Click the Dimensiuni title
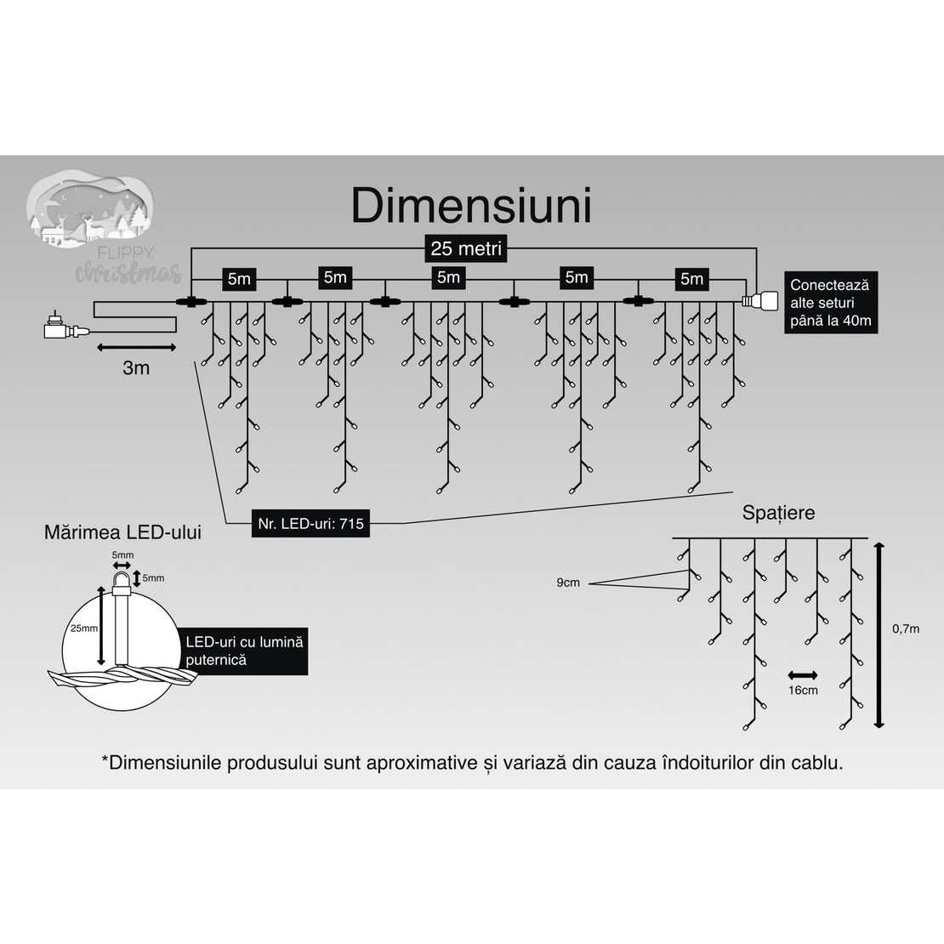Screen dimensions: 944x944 point(471,206)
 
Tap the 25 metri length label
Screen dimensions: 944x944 point(466,249)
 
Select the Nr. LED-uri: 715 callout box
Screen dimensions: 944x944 point(310,523)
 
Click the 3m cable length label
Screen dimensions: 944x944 point(136,367)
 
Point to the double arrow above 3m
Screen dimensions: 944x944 point(136,347)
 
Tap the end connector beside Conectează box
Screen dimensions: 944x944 point(761,301)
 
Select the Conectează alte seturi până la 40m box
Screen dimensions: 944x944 point(831,303)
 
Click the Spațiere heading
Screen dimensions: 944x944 point(778,513)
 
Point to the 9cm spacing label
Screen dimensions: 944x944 point(568,583)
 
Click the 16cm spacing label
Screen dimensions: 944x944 point(803,690)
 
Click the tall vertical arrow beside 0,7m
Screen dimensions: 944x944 point(879,634)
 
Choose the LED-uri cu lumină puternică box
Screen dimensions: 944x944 point(245,651)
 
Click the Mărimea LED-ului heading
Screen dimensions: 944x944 point(122,533)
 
